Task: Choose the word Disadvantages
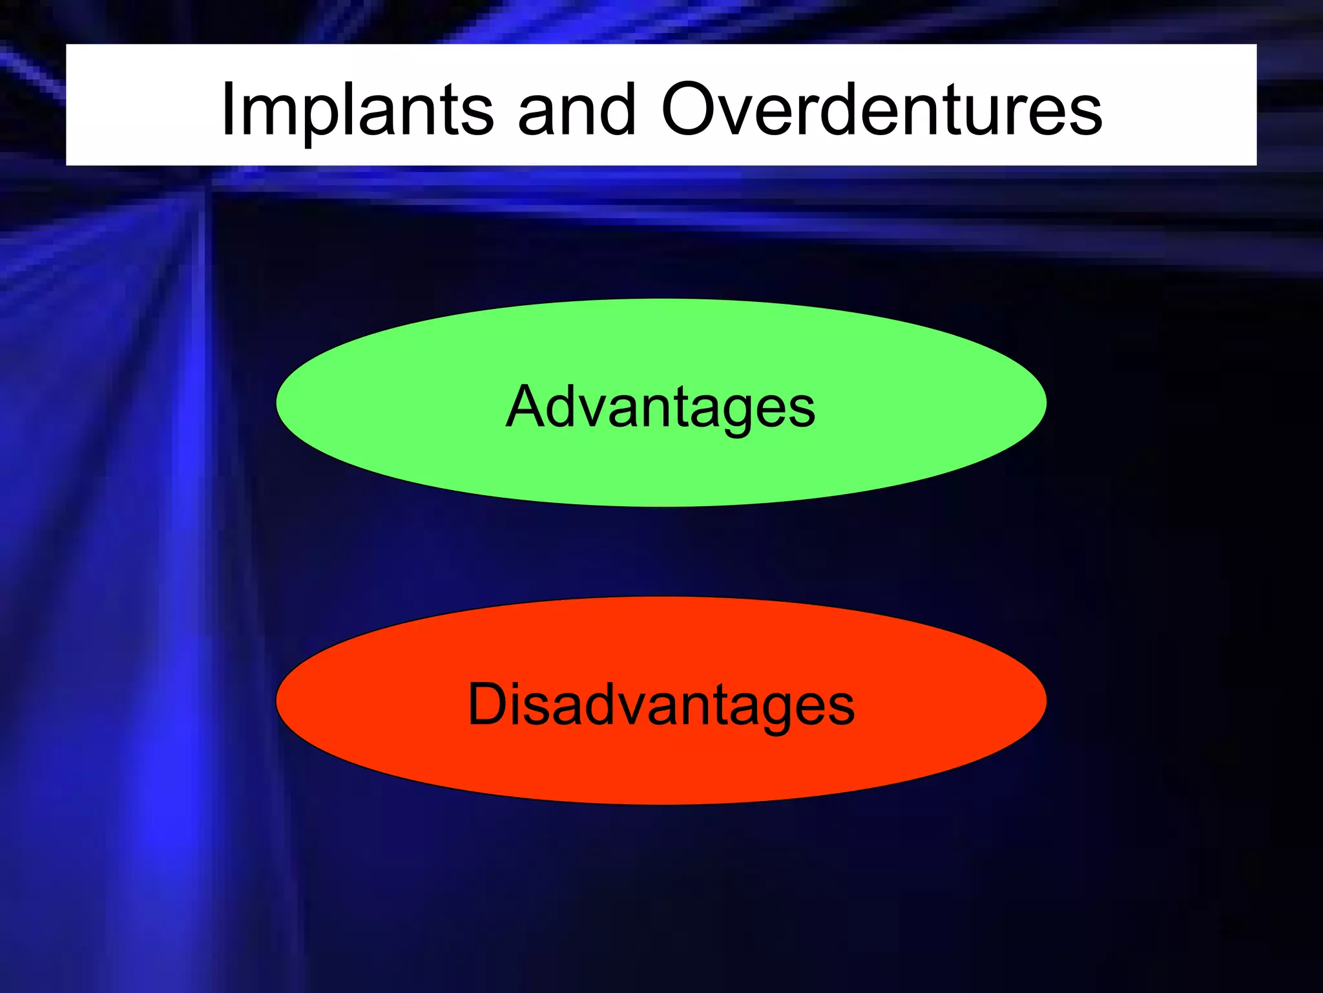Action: pyautogui.click(x=661, y=704)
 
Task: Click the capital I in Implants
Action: pyautogui.click(x=227, y=110)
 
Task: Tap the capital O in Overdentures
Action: pyautogui.click(x=691, y=110)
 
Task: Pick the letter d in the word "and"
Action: pyautogui.click(x=618, y=110)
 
